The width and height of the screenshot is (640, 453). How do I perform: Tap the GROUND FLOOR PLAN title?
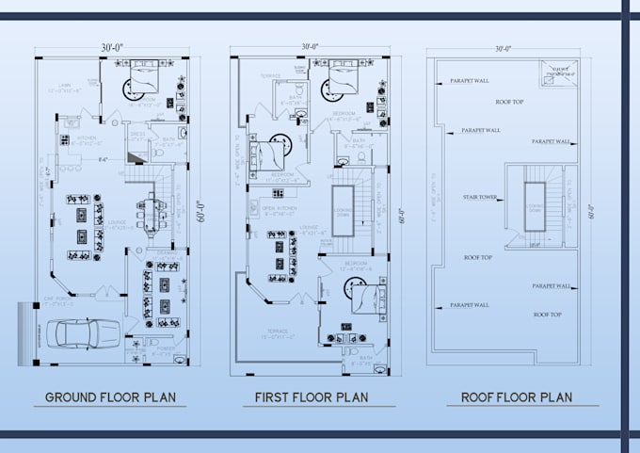click(x=109, y=396)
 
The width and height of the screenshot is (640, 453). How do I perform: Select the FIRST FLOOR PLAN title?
click(x=311, y=396)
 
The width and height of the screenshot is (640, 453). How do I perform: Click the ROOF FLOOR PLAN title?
click(x=516, y=396)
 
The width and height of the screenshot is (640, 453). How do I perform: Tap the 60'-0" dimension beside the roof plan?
click(x=590, y=213)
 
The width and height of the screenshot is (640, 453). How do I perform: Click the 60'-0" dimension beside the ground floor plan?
click(x=199, y=213)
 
